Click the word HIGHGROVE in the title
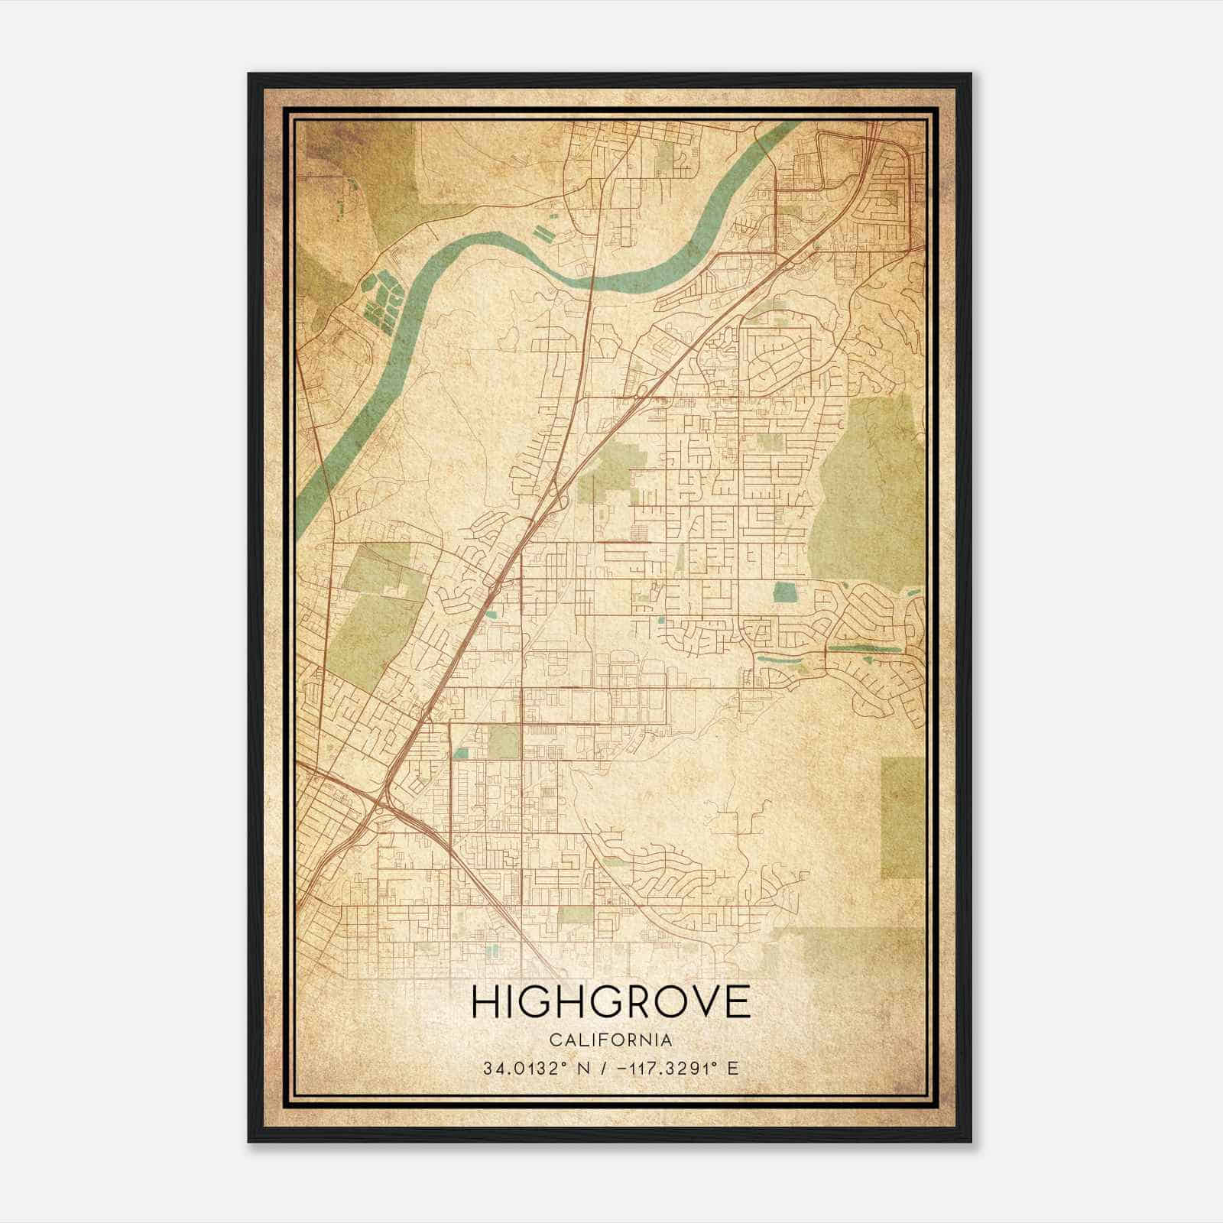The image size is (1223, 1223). point(611,1002)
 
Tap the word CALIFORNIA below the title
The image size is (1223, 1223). point(611,1040)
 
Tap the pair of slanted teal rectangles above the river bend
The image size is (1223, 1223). point(542,231)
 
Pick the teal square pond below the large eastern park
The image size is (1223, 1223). point(783,591)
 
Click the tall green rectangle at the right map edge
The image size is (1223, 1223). point(903,818)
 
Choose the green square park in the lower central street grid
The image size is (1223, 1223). point(503,741)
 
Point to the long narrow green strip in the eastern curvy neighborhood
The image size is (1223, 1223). point(864,648)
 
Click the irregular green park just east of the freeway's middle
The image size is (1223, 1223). point(611,470)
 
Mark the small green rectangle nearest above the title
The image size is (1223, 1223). point(575,915)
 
